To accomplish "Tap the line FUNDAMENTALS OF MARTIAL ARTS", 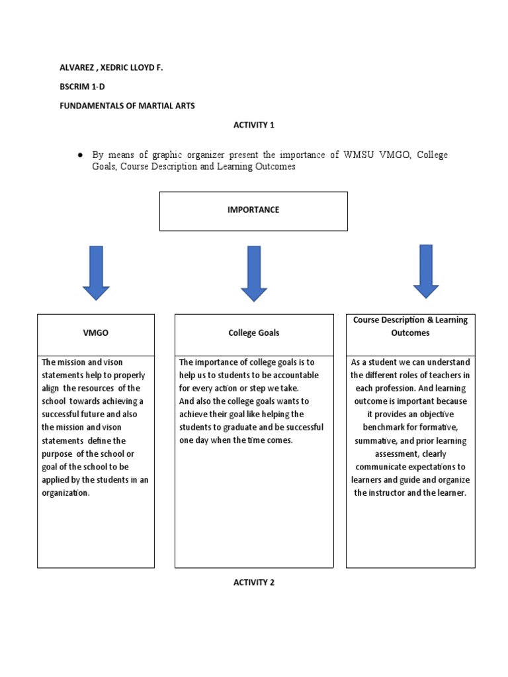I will [x=128, y=106].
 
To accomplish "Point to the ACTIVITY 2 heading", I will [x=253, y=582].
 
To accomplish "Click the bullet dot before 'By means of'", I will [x=79, y=155].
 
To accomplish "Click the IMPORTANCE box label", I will [x=253, y=210].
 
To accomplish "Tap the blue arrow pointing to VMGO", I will [x=96, y=272].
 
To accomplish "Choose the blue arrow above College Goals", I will [x=254, y=273].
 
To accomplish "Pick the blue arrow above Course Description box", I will [x=426, y=271].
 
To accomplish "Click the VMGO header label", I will [x=96, y=333].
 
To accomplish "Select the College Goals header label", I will [x=253, y=333].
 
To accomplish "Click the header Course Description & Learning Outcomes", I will [x=410, y=327].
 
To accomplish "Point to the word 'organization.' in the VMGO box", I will [x=65, y=493].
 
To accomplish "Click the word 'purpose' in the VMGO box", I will [x=59, y=454].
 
